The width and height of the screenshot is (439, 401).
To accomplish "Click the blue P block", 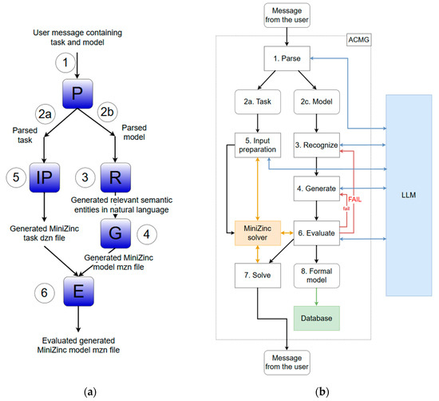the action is tap(77, 93).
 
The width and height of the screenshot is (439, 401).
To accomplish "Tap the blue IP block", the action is tap(45, 177).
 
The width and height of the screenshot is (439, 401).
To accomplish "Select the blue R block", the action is tap(116, 177).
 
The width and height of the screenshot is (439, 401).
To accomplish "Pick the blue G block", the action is tap(116, 233).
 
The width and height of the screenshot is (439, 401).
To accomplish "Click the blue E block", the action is tap(78, 291).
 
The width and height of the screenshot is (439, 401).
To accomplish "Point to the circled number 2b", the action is tap(107, 112).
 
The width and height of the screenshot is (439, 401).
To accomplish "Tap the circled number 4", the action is tap(147, 234).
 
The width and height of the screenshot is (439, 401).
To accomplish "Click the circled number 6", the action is tap(45, 293).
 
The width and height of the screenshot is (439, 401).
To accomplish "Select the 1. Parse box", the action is tap(287, 58).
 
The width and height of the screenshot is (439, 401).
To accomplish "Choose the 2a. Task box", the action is tap(258, 101).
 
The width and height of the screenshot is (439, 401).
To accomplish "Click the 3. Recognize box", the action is tap(317, 145).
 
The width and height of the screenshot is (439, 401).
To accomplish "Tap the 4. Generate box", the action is tap(317, 189).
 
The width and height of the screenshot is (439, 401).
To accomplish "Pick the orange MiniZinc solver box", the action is tap(258, 233).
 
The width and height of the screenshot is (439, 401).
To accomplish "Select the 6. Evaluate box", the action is tap(317, 233).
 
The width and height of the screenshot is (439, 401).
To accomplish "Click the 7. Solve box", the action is tap(258, 276).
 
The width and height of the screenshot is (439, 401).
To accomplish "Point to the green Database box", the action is tap(317, 319).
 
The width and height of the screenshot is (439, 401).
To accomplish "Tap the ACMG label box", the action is tap(359, 40).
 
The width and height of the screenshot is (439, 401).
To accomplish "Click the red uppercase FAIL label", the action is tap(354, 200).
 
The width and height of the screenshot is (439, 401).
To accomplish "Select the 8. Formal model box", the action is tap(317, 276).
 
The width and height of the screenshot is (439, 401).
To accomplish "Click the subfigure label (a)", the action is tap(90, 391).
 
